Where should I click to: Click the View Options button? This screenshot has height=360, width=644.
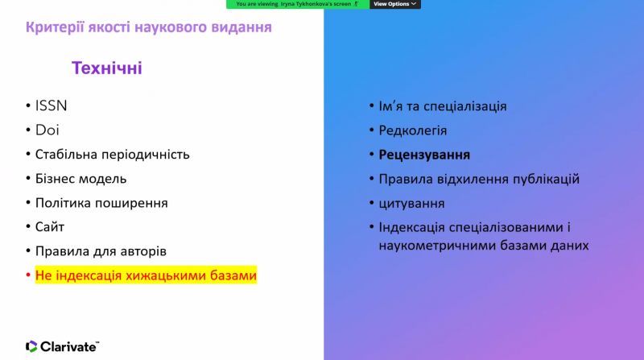coord(394,4)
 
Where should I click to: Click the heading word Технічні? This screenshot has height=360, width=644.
coord(107,68)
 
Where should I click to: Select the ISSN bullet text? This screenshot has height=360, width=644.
coord(51,106)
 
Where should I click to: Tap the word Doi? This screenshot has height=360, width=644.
coord(47,130)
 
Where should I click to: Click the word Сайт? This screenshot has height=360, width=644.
coord(50,227)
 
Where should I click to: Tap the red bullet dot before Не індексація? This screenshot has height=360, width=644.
coord(28,275)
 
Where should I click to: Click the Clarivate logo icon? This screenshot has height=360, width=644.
coord(31,346)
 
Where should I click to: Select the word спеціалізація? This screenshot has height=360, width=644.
coord(465,106)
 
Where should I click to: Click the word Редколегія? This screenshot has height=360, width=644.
coord(413,130)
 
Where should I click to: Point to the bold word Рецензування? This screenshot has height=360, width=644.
coord(424,155)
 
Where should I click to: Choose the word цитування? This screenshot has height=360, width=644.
coord(411,204)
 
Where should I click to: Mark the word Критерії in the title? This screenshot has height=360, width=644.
coord(55,27)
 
